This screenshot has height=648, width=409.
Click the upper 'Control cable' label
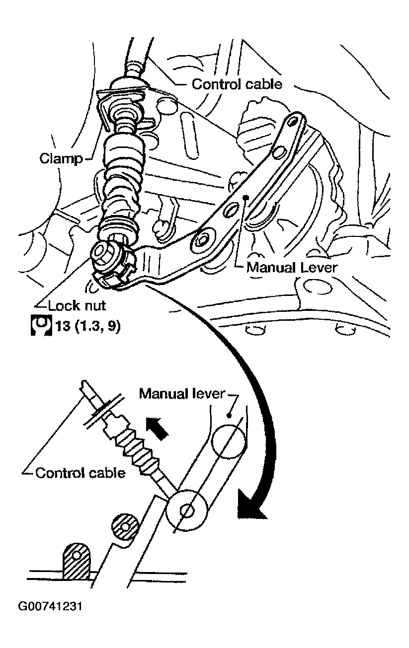(237, 84)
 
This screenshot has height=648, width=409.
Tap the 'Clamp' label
(61, 158)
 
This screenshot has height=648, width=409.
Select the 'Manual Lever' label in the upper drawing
(292, 268)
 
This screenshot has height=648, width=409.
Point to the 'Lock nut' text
(77, 305)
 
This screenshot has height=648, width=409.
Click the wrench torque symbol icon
(41, 326)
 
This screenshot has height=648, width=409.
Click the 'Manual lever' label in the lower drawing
(182, 393)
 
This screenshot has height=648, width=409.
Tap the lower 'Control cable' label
(81, 473)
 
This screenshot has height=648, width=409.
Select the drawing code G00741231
(50, 607)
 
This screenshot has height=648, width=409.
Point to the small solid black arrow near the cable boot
(157, 428)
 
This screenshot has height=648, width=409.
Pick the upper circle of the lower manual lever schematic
(229, 441)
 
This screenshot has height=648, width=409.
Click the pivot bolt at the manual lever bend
(202, 241)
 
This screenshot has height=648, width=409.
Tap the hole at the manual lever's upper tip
(293, 121)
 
